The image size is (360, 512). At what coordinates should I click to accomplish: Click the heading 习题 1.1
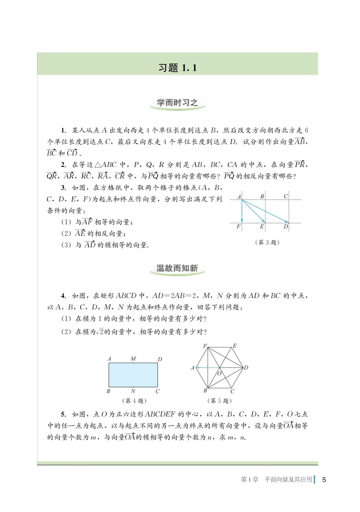177,67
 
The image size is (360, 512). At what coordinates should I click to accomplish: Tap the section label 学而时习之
177,102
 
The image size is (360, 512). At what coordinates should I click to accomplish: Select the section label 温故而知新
177,268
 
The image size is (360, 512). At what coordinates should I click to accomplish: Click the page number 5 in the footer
324,480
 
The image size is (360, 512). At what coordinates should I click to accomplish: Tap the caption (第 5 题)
219,401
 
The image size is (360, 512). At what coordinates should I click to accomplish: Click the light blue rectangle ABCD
133,375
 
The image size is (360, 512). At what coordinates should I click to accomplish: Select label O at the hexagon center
219,374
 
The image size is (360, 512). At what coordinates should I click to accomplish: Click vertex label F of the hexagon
205,346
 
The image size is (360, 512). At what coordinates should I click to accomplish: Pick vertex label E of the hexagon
234,346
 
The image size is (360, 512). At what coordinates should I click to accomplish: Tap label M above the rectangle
133,358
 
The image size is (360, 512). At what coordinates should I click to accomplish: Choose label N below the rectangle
133,391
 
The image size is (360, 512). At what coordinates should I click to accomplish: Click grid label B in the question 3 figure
262,196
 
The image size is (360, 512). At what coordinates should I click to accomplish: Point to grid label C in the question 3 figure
286,196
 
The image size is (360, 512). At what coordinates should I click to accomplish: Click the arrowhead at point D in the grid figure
287,222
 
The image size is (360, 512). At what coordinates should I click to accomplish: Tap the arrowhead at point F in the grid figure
242,221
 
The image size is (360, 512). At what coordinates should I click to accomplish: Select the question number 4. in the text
63,296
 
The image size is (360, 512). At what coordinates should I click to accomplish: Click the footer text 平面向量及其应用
288,480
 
